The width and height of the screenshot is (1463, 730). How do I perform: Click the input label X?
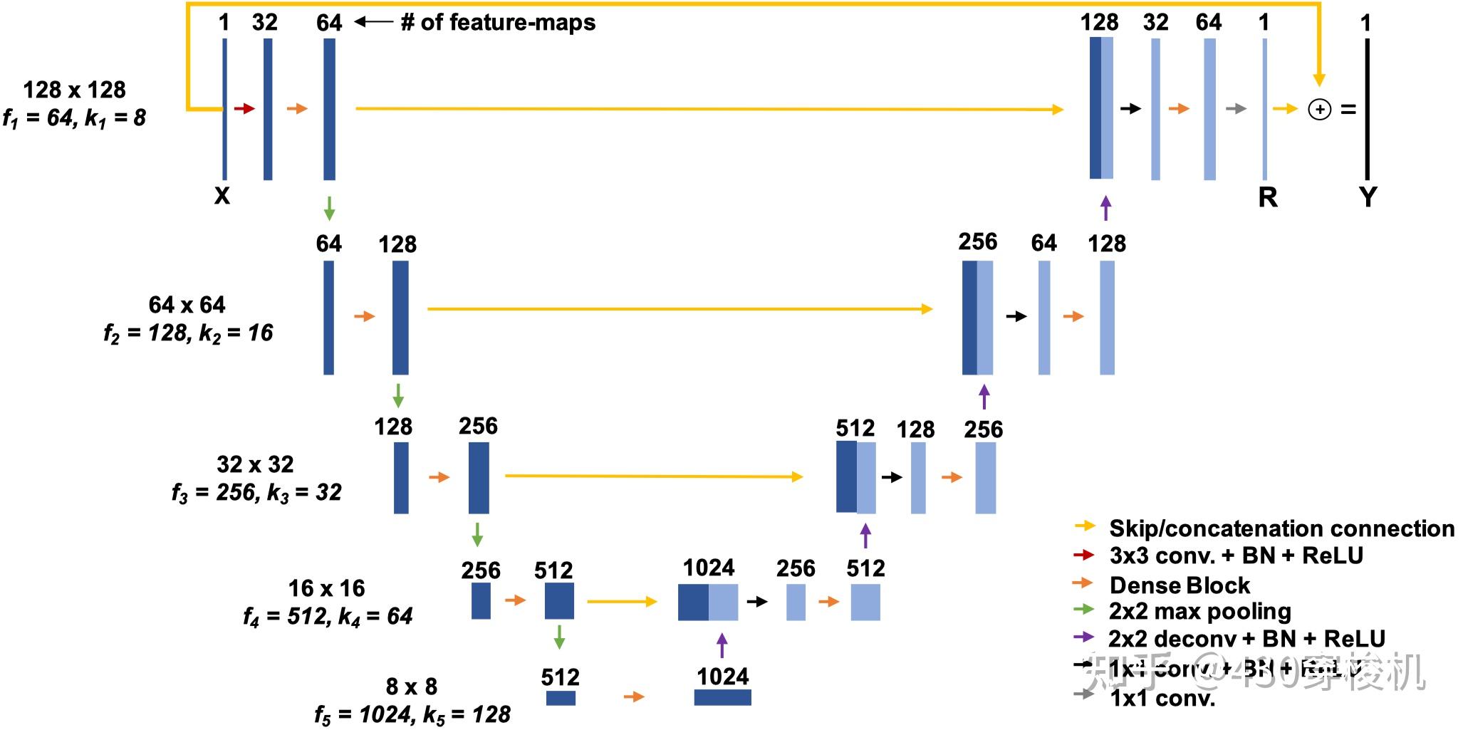[222, 196]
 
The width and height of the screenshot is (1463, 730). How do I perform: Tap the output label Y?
[1368, 196]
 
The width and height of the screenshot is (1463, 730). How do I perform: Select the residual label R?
[1268, 197]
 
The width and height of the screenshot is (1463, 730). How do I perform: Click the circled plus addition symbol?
[1319, 110]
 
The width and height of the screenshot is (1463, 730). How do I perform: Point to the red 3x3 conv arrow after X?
[244, 109]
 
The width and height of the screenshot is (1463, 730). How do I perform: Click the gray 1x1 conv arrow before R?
[1236, 109]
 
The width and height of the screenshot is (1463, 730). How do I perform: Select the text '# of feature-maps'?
[498, 23]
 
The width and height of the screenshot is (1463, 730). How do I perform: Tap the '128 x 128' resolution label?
[74, 90]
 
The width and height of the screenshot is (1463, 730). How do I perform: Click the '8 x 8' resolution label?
[411, 687]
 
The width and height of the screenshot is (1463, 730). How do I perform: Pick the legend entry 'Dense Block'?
[1180, 585]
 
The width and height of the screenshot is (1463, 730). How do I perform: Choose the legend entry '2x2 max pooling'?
[1199, 612]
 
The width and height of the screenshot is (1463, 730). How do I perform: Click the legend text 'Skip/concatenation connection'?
[1281, 528]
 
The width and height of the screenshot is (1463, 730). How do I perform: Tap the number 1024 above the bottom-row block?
[723, 676]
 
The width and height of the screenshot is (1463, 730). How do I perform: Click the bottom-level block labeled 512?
[561, 698]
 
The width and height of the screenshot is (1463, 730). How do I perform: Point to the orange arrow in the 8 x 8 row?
[633, 697]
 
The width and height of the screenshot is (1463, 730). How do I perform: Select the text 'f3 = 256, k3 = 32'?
[256, 492]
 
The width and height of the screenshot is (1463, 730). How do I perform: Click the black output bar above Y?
[1367, 109]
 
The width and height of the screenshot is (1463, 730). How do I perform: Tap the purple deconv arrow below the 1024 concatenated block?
[722, 645]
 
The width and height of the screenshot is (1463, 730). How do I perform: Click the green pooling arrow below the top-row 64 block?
[329, 208]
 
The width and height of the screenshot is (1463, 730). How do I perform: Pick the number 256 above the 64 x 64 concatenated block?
[977, 242]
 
